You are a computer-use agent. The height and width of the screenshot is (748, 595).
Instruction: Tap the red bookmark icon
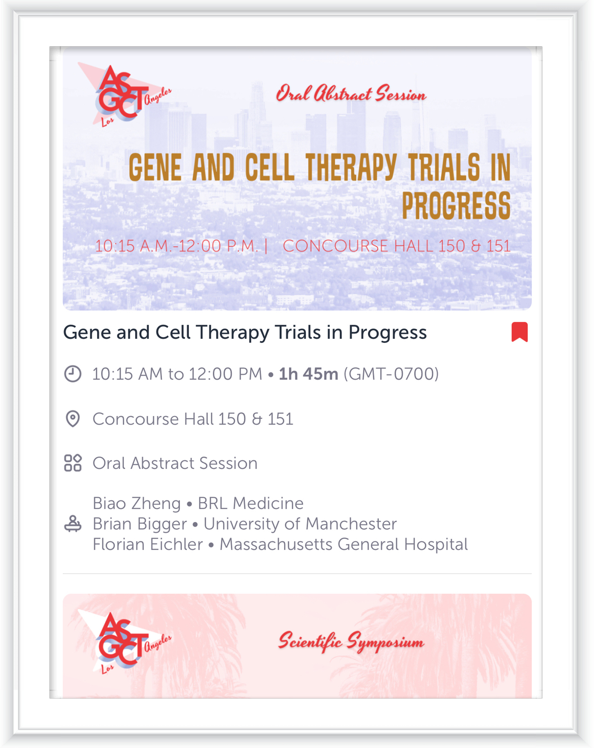pyautogui.click(x=519, y=332)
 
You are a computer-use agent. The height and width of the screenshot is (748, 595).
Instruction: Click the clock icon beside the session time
pyautogui.click(x=73, y=374)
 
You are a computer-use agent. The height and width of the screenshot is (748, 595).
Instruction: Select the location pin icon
pyautogui.click(x=73, y=419)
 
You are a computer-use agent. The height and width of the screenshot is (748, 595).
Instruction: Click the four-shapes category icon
pyautogui.click(x=73, y=463)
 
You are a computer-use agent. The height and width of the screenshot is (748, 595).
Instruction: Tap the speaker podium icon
pyautogui.click(x=73, y=523)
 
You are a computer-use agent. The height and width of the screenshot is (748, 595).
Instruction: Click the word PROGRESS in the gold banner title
pyautogui.click(x=456, y=205)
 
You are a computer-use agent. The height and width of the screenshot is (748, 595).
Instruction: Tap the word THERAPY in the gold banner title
pyautogui.click(x=351, y=167)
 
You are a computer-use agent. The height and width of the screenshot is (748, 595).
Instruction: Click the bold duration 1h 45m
pyautogui.click(x=309, y=374)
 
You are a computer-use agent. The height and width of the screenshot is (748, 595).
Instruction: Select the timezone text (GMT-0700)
pyautogui.click(x=391, y=374)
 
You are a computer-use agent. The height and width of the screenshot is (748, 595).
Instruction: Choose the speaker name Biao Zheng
pyautogui.click(x=137, y=504)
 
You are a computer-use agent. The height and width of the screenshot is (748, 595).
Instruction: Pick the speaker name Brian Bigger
pyautogui.click(x=140, y=524)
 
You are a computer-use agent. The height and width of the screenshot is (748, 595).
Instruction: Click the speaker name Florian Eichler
pyautogui.click(x=148, y=545)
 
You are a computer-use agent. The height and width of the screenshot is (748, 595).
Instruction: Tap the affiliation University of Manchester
pyautogui.click(x=300, y=524)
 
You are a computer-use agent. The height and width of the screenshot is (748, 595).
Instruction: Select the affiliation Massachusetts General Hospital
pyautogui.click(x=344, y=545)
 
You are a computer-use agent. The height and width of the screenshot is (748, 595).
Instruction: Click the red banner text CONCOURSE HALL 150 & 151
pyautogui.click(x=397, y=246)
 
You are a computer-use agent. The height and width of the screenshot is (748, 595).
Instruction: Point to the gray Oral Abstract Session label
pyautogui.click(x=175, y=463)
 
